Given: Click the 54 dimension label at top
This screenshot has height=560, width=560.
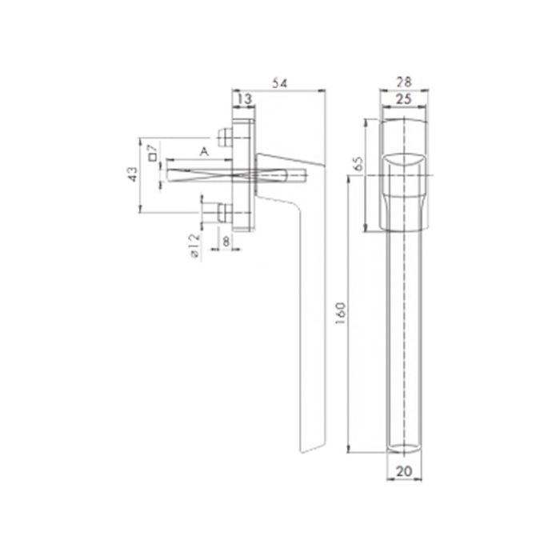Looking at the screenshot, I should click(x=279, y=82).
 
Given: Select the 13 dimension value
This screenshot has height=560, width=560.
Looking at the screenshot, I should click(x=244, y=98).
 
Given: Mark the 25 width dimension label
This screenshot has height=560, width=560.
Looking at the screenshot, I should click(x=403, y=98).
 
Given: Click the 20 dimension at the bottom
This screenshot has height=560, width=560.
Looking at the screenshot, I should click(x=403, y=473).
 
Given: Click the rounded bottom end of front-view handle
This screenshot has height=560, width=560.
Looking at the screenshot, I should click(x=403, y=448).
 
